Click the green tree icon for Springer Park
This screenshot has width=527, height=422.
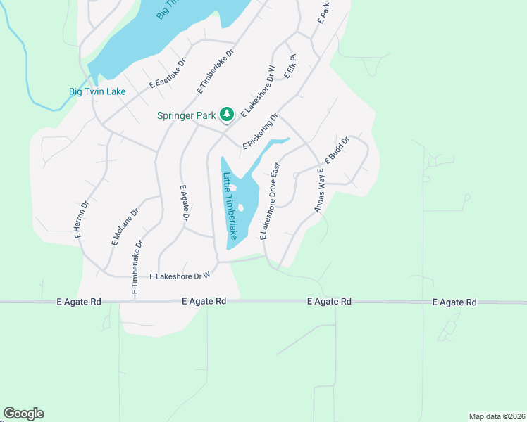226,114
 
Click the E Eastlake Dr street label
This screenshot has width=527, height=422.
166,73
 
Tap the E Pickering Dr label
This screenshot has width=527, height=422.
261,132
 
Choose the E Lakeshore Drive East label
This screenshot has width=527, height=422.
271,202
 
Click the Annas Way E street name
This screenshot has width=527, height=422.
319,190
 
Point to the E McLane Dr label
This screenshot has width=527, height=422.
124,226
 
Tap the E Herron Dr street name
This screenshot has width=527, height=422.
82,221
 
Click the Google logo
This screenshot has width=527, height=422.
23,414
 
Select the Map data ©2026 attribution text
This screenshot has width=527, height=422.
496,416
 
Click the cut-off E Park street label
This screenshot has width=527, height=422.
323,13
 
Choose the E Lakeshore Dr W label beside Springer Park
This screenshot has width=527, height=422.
258,91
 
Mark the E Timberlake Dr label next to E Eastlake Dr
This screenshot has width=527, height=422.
215,72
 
